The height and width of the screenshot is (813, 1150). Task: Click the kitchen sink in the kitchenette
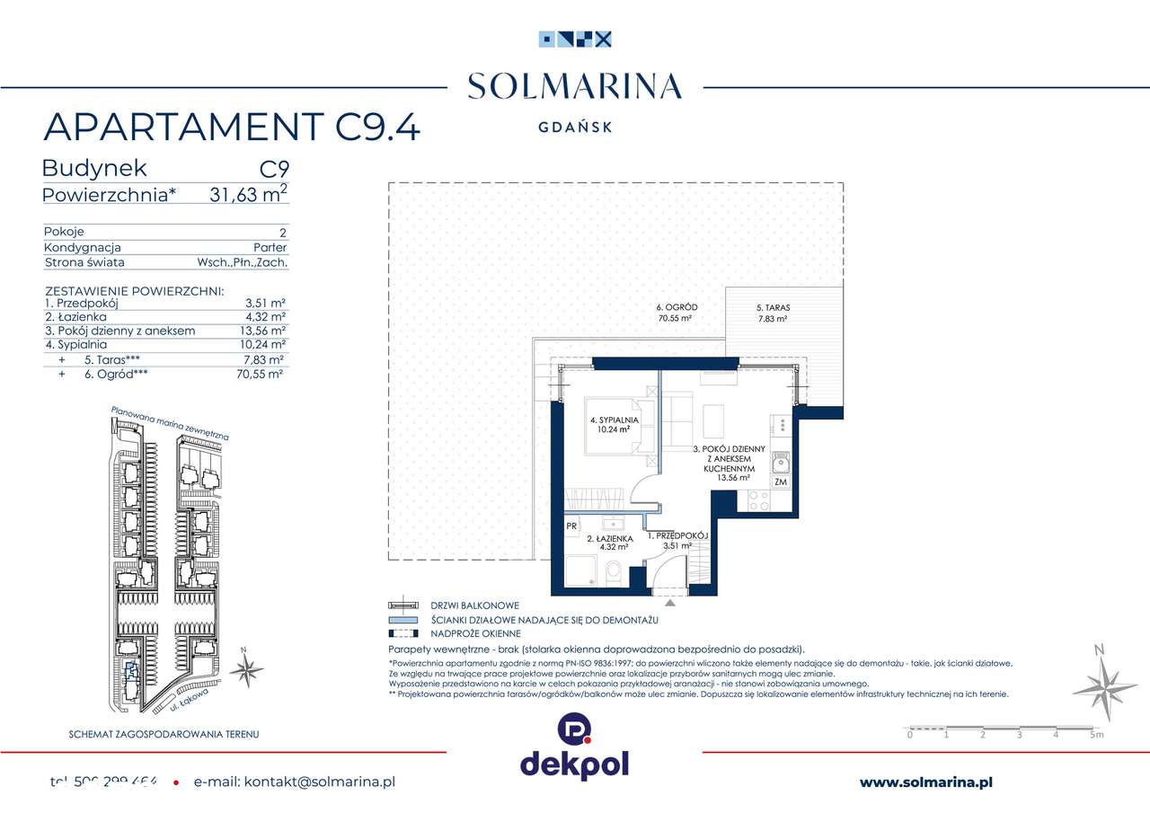782,463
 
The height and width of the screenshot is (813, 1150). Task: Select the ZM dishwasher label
781,482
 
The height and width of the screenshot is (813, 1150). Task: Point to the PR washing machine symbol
571,526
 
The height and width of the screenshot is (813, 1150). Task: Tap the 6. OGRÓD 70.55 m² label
677,313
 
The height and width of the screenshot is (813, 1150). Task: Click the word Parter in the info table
270,247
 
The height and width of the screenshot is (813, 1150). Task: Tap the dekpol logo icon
574,729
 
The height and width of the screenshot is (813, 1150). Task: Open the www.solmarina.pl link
925,782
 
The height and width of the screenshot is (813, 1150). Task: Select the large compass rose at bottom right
1104,687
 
